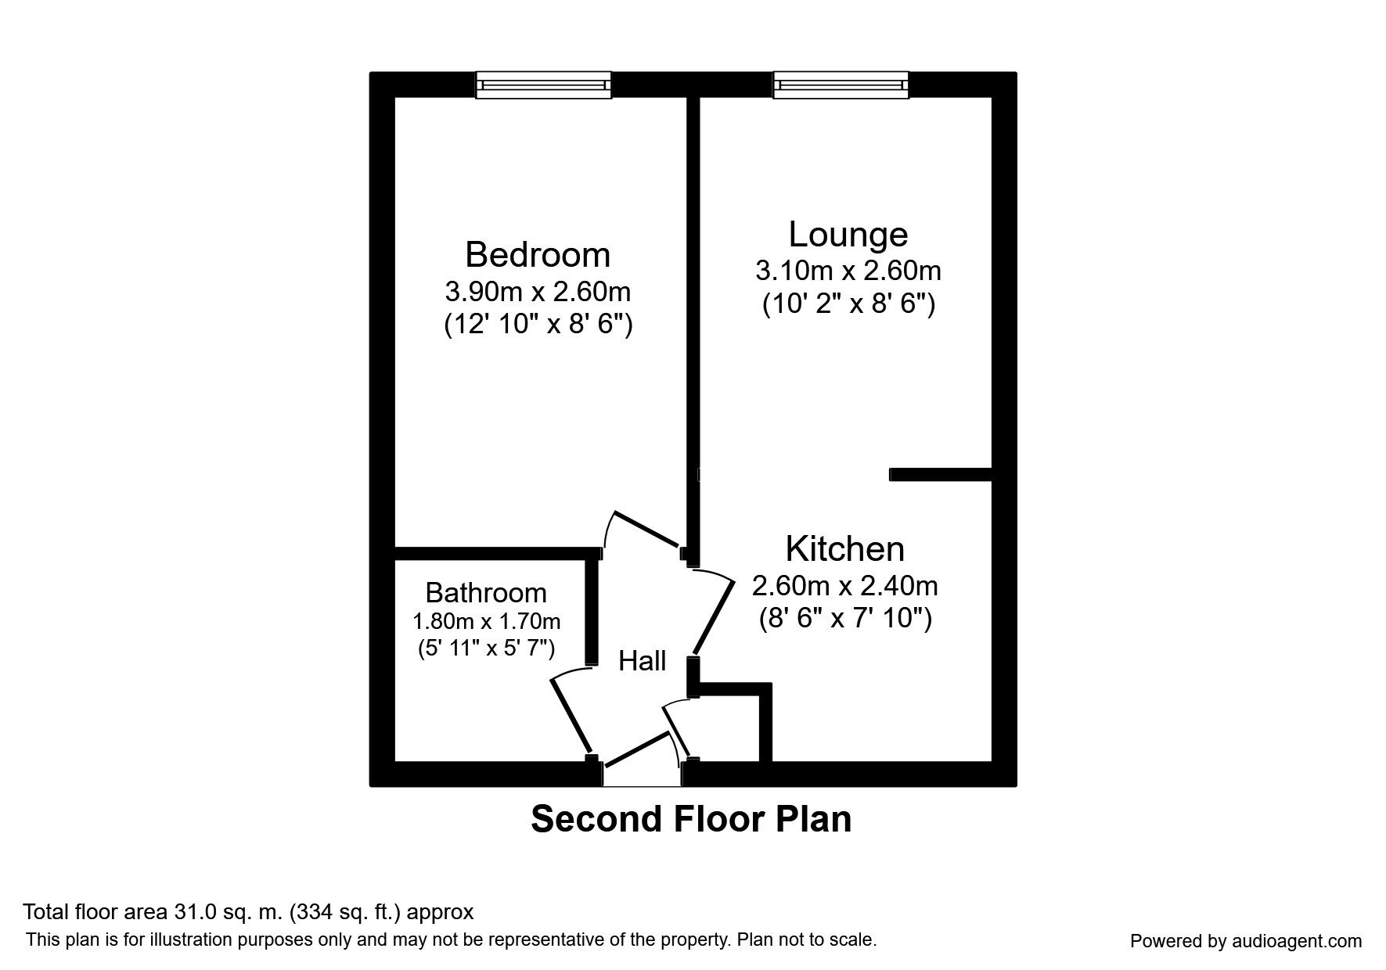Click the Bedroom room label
click(537, 255)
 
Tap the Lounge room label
click(848, 235)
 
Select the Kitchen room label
click(844, 549)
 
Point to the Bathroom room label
click(485, 593)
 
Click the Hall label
click(642, 662)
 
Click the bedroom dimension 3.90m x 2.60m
click(538, 292)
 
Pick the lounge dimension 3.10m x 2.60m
click(848, 271)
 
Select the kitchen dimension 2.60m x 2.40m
click(844, 585)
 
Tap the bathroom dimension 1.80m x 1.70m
click(486, 622)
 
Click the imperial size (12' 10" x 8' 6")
click(538, 324)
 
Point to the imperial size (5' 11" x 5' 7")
click(486, 648)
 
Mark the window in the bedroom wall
click(543, 84)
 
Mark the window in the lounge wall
click(841, 84)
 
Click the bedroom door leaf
click(646, 530)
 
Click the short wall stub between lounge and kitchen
click(940, 474)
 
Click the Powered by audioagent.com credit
click(1245, 941)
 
